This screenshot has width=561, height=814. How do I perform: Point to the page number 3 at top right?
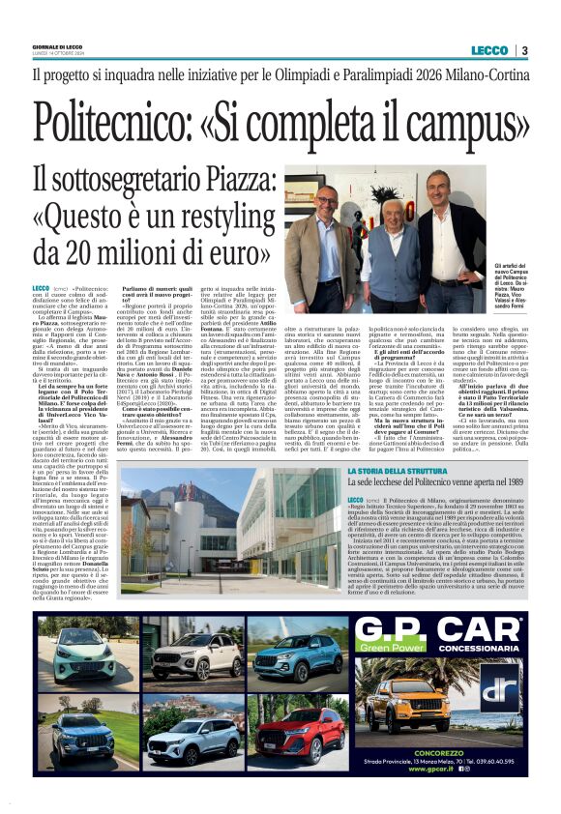click(x=523, y=50)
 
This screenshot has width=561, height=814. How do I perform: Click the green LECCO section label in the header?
click(x=489, y=50)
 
